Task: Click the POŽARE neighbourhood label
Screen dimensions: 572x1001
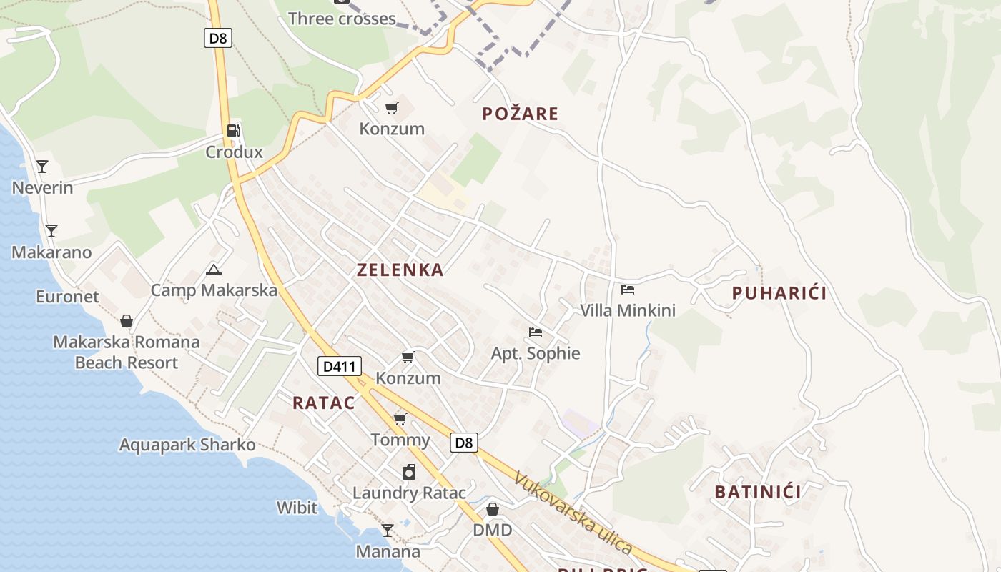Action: coord(520,114)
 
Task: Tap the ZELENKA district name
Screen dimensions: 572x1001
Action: coord(400,270)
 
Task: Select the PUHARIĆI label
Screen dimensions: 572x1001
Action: coord(779,293)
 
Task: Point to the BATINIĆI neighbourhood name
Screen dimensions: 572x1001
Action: coord(758,492)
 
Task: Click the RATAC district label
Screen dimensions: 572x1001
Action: coord(324,403)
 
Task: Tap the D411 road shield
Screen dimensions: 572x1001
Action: coord(340,366)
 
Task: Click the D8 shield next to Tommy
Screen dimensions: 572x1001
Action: coord(464,443)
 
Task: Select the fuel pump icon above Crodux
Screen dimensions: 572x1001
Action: coord(234,131)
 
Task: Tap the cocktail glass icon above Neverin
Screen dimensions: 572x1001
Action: coord(42,167)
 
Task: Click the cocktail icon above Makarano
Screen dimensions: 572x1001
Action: coord(51,231)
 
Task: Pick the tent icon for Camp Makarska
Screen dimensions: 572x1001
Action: coord(213,270)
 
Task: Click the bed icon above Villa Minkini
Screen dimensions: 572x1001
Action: coord(628,290)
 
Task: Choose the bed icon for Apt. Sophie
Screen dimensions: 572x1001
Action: coord(535,332)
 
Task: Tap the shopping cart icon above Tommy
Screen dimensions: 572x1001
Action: coord(400,419)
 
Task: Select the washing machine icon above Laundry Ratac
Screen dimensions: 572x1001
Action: coord(409,472)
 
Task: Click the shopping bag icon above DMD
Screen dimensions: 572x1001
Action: coord(493,509)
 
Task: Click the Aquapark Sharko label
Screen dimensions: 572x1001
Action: coord(187,445)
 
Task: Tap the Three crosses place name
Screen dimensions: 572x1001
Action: coord(342,19)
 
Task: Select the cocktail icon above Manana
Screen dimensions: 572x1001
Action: coord(388,531)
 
